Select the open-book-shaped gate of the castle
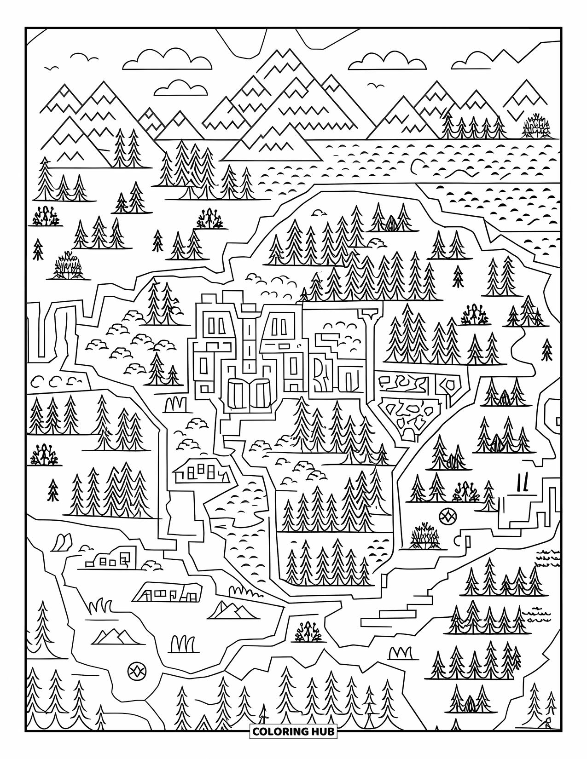249,392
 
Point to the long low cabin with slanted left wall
169,592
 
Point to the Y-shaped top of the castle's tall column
369,314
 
